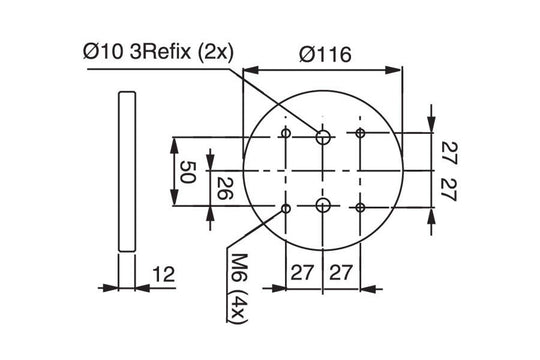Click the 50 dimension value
185,170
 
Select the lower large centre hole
323,205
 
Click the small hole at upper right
360,133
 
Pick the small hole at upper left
286,133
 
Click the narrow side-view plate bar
124,170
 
